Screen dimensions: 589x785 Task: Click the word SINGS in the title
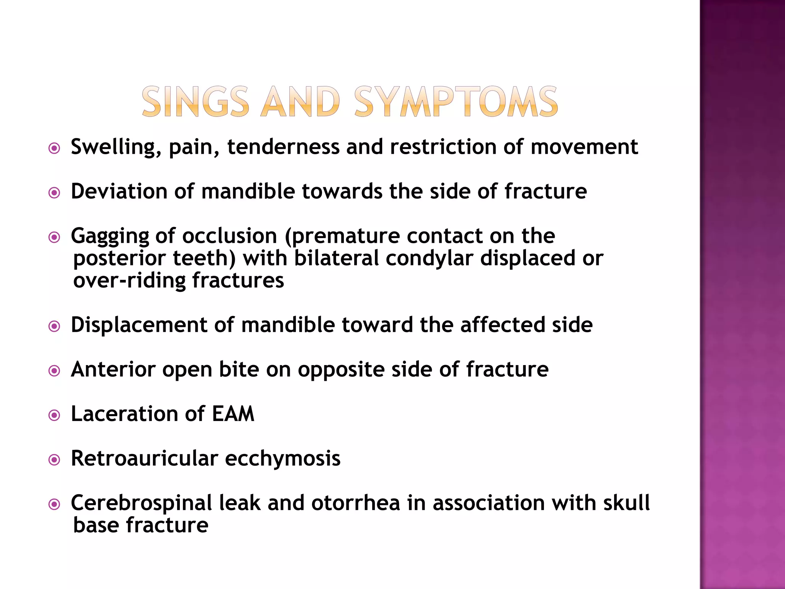195,102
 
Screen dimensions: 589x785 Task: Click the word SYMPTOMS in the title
456,102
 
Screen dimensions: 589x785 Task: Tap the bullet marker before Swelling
54,148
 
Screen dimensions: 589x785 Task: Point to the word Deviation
119,191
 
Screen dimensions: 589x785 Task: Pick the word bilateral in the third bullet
336,258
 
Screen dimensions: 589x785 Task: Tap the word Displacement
139,325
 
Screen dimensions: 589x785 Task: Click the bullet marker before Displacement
54,327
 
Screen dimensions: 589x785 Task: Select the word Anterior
113,370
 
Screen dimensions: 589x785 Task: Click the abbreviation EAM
233,414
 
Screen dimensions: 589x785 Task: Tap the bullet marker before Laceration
54,415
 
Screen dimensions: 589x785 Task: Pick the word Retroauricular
145,459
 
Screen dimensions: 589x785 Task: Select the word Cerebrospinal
141,503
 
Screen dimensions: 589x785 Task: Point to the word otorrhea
355,503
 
